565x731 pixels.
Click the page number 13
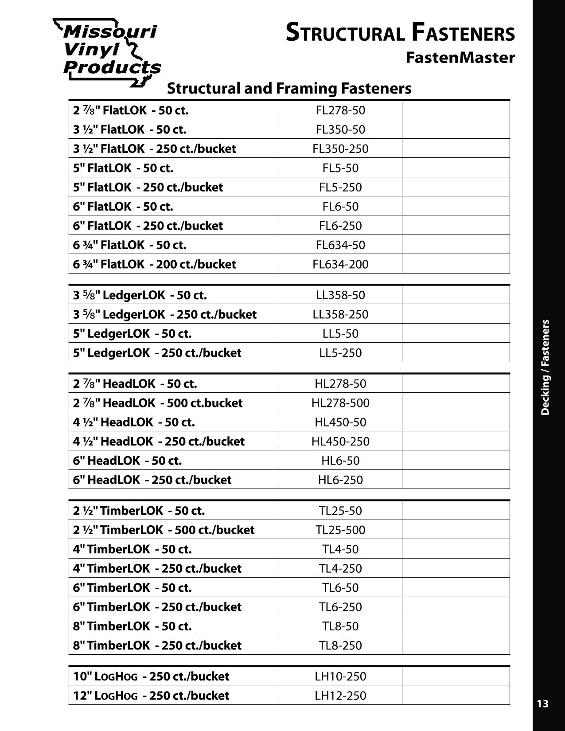pos(542,704)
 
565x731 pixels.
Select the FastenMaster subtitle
pos(460,58)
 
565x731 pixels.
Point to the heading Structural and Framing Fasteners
pos(289,88)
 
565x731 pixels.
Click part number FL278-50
pos(340,110)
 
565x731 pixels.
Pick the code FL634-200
pos(340,264)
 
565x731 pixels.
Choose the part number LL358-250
pos(340,314)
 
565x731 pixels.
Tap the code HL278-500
pos(340,403)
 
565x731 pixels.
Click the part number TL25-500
pos(340,530)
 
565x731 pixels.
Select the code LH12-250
pos(340,696)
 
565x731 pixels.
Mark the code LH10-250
pos(340,676)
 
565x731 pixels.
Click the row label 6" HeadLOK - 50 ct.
pos(128,461)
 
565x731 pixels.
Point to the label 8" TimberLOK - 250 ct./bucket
pos(157,645)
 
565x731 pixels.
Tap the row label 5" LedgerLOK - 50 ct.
pos(132,333)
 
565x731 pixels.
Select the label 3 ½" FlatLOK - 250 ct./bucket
pos(155,149)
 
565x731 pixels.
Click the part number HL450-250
pos(340,442)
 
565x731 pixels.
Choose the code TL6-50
pos(340,588)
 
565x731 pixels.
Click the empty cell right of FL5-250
pos(456,187)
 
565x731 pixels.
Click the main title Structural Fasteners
pos(400,33)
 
